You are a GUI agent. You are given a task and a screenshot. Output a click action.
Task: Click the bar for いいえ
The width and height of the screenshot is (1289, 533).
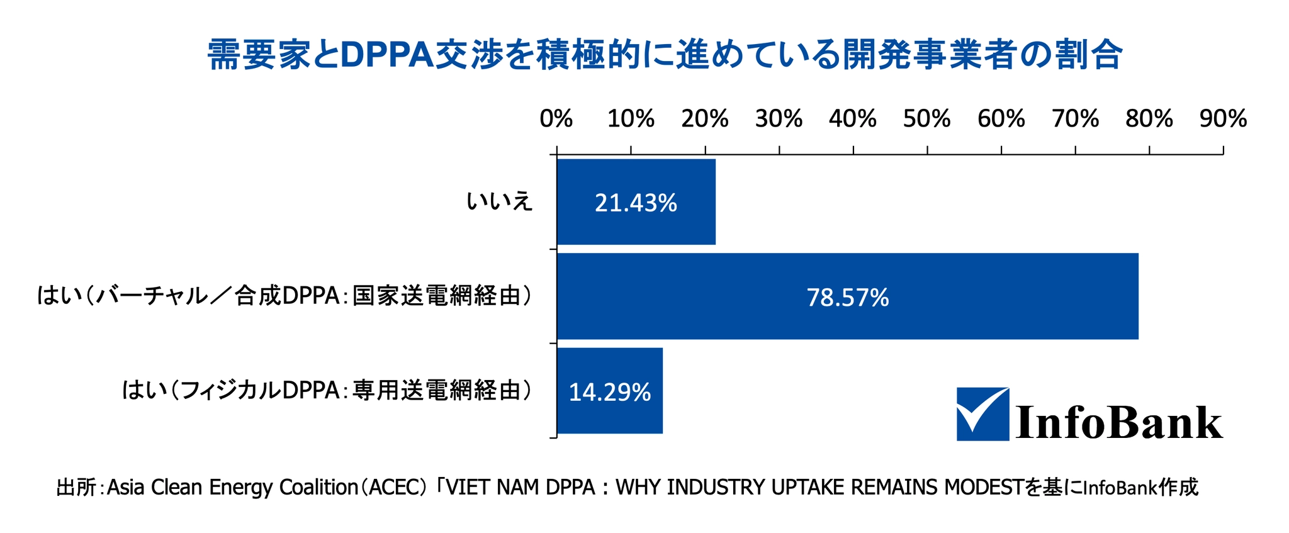[x=636, y=201]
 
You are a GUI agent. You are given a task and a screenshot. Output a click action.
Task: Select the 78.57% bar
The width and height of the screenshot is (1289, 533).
[x=847, y=296]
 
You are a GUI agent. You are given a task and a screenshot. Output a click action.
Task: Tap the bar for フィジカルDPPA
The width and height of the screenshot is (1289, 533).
[x=609, y=391]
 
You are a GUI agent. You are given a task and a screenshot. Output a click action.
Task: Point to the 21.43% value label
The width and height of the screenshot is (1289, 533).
[x=636, y=203]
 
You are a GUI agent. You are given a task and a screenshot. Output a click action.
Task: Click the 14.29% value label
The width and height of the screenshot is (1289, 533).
[x=609, y=393]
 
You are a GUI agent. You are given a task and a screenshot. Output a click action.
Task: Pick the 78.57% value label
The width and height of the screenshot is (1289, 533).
[x=847, y=298]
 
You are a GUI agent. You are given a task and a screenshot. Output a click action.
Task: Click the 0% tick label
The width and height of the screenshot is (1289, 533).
[x=556, y=119]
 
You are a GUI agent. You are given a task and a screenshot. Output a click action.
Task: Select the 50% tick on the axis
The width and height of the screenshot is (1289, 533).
[x=926, y=119]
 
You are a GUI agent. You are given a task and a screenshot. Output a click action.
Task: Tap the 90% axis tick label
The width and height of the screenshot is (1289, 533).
[x=1223, y=119]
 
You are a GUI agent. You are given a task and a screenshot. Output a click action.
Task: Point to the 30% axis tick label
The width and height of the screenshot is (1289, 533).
[x=779, y=119]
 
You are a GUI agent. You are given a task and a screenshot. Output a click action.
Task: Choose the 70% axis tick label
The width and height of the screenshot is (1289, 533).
[x=1075, y=119]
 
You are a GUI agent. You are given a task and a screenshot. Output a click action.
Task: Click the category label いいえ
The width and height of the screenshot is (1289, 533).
[x=499, y=202]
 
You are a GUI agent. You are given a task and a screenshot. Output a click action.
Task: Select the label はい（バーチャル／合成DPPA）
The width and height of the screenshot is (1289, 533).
[x=283, y=296]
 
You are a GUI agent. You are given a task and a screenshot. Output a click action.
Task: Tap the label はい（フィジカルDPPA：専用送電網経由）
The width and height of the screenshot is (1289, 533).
[x=326, y=391]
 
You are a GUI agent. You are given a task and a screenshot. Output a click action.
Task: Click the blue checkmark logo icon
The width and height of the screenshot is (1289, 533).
[x=982, y=413]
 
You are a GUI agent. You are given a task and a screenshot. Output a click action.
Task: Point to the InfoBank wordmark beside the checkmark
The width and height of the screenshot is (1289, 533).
[x=1119, y=422]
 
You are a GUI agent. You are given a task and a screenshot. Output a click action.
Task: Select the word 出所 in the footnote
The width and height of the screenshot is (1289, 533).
[x=76, y=488]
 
